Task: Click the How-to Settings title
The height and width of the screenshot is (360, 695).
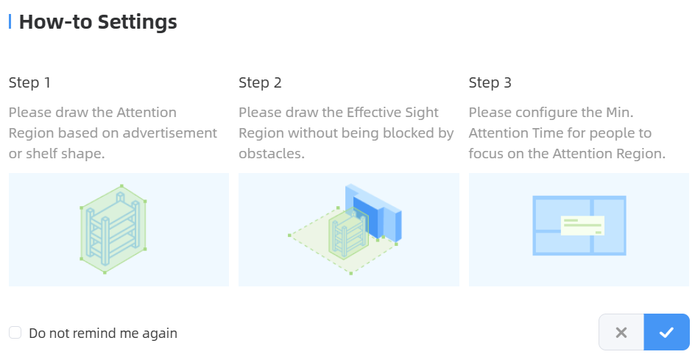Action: pyautogui.click(x=98, y=22)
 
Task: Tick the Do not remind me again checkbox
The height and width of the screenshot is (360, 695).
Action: pyautogui.click(x=15, y=333)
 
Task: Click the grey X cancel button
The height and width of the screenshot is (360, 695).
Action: pyautogui.click(x=621, y=332)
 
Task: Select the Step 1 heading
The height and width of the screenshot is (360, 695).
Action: pyautogui.click(x=29, y=82)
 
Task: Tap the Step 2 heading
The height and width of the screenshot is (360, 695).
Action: pyautogui.click(x=260, y=82)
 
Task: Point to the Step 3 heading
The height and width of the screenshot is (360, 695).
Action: pyautogui.click(x=490, y=82)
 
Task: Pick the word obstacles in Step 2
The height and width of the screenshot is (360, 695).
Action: pyautogui.click(x=272, y=153)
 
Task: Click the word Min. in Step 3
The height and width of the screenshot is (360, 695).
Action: pyautogui.click(x=620, y=112)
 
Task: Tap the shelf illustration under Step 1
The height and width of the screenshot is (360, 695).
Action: pyautogui.click(x=113, y=229)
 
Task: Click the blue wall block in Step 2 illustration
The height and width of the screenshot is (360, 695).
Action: pyautogui.click(x=375, y=211)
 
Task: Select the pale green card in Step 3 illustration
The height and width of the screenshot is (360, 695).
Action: pyautogui.click(x=582, y=226)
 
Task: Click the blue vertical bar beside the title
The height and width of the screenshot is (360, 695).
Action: pyautogui.click(x=10, y=21)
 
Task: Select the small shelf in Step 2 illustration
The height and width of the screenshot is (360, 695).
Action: pyautogui.click(x=349, y=233)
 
